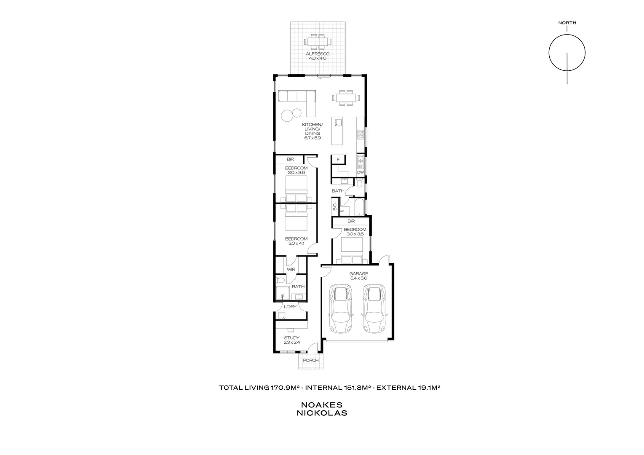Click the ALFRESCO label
coord(318,54)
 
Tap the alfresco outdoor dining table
coord(318,42)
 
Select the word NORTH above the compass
coord(567,23)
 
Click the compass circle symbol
coord(567,53)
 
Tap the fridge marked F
coord(338,160)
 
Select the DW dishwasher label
coord(361,172)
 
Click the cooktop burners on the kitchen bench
coord(361,135)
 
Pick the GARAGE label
coord(358,273)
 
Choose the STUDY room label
coord(291,338)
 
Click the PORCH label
coord(311,360)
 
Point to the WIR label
coord(291,269)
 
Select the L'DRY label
coord(290,307)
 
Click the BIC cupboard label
coord(335,207)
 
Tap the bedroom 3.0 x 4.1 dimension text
coord(296,244)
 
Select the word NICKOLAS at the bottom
coord(322,413)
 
